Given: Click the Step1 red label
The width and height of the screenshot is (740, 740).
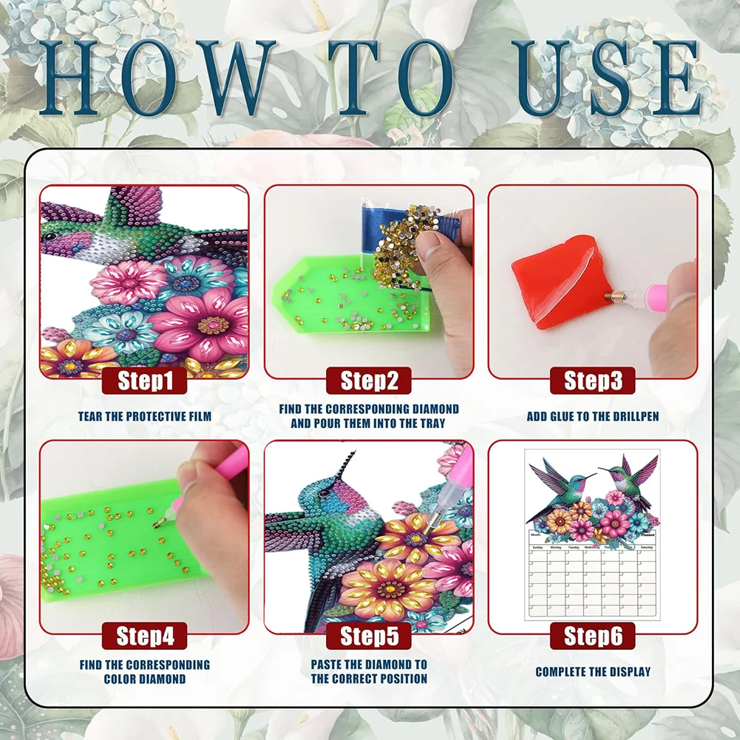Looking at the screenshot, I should pos(145,381).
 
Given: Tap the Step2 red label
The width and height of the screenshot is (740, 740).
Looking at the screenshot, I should pos(369,381).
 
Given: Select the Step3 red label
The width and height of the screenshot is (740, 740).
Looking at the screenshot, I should pos(592,381).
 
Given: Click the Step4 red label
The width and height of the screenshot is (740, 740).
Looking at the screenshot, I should pos(145,636).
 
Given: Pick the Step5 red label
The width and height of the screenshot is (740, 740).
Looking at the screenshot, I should pos(369,636).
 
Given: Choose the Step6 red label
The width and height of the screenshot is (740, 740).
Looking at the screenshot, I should pos(592,636).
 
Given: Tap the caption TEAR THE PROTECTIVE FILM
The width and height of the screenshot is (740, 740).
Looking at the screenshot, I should pos(145,417).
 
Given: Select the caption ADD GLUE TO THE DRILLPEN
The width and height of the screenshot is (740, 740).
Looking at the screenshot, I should pos(592,417).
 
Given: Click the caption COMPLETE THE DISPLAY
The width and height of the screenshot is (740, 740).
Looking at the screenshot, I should pos(592,672).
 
